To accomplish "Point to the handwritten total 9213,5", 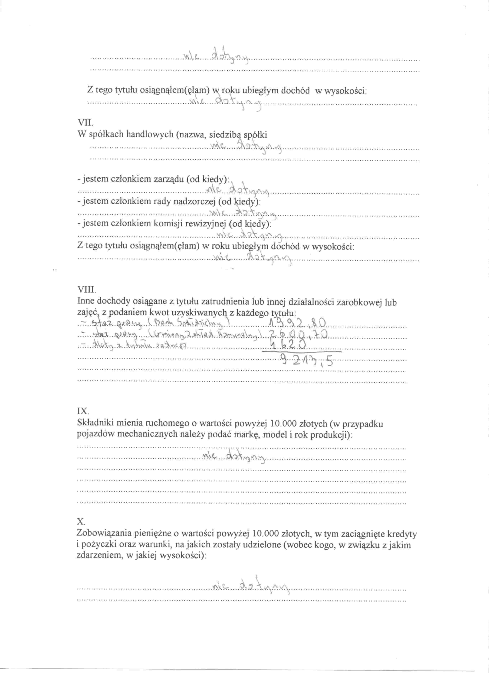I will coord(307,361).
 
